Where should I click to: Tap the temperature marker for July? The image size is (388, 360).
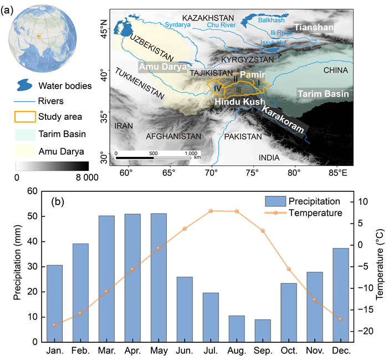pos(211,211)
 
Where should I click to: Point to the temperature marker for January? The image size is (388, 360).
pos(54,325)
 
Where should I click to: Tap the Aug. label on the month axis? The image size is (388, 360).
pos(237,351)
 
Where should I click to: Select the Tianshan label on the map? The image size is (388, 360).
pos(314,28)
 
